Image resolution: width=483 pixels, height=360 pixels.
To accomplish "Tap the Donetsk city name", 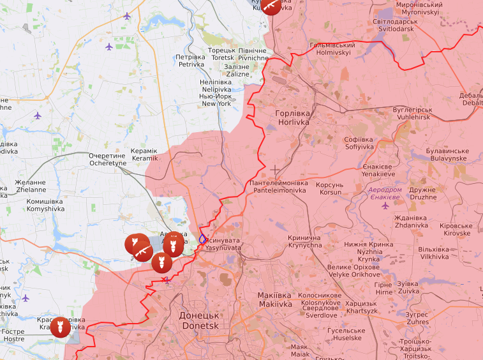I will point(200,320).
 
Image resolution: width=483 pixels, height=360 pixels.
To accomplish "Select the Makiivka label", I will point(274,300).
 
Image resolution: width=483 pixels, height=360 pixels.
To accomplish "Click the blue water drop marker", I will point(202,239).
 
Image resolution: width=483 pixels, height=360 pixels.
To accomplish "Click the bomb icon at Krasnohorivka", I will point(60,327).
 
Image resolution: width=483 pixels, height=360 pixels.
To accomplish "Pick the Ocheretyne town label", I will point(107,160).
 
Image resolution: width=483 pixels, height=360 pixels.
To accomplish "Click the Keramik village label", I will point(144,154).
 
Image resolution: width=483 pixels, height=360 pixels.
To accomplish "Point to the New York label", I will point(216,100).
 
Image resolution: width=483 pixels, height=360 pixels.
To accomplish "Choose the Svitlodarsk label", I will point(396,26).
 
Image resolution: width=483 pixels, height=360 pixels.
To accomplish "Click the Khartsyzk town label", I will point(360,307).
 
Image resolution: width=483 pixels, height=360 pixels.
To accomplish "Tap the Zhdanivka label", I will point(411,221).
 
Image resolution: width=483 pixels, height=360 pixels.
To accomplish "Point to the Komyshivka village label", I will point(45,205).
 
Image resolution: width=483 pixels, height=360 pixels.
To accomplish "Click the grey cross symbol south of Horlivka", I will point(275,170).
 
